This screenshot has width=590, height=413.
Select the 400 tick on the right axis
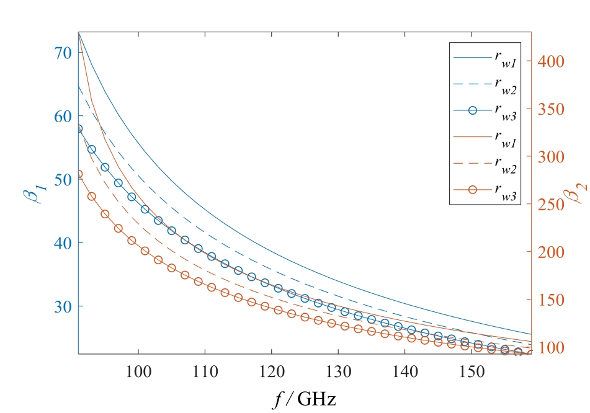tap(550, 61)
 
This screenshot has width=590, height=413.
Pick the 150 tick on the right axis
tap(550, 300)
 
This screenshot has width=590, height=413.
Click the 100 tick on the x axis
tap(138, 371)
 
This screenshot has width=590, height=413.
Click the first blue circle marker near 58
tap(79, 128)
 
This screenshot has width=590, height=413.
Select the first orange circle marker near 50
tap(79, 174)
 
